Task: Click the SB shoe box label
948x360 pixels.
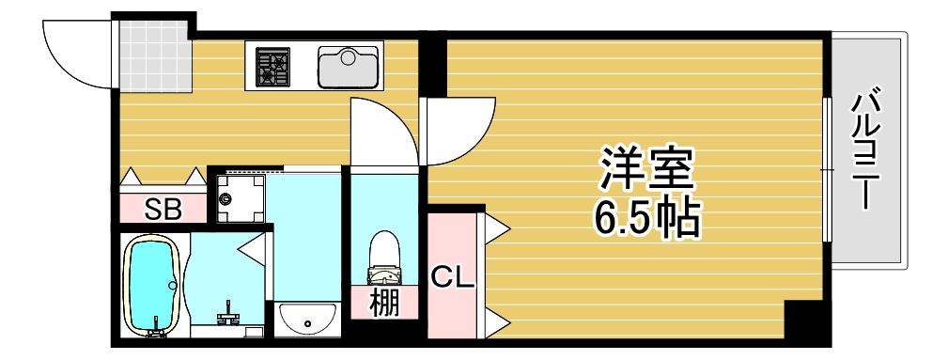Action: coord(163,209)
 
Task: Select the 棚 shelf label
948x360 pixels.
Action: coord(383,303)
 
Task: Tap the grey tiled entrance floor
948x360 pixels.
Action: coord(152,55)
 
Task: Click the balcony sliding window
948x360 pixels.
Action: coord(828,169)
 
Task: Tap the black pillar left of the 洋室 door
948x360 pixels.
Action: coord(432,67)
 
